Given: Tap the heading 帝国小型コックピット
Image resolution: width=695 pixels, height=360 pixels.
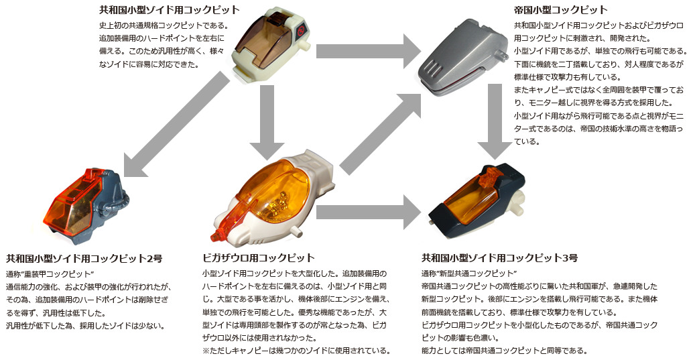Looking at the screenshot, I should coord(560,9).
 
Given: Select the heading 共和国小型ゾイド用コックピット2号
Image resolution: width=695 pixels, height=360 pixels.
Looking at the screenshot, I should coord(84,257).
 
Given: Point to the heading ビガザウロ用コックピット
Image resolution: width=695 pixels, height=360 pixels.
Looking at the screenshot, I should coord(258,257).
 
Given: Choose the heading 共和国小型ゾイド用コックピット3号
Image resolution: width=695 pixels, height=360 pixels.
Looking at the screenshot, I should coord(499,257).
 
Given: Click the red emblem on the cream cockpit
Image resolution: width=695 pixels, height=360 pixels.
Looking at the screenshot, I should coord(302,30).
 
